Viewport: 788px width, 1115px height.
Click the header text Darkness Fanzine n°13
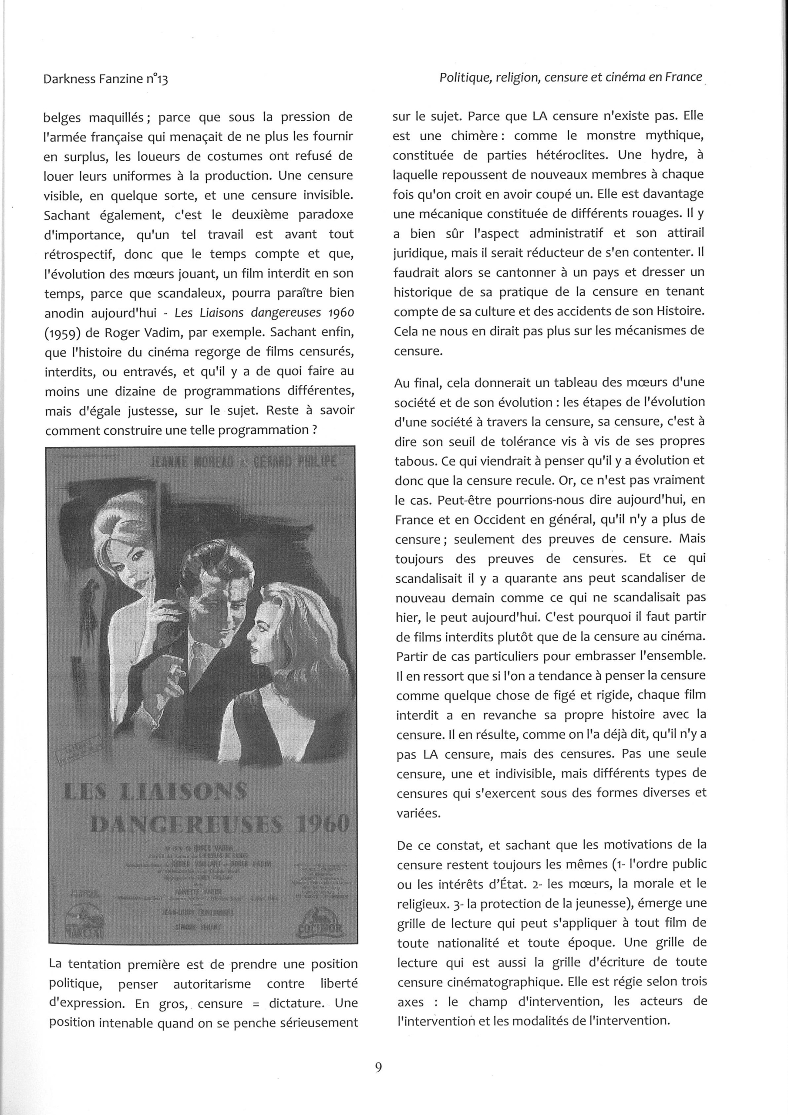point(105,79)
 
